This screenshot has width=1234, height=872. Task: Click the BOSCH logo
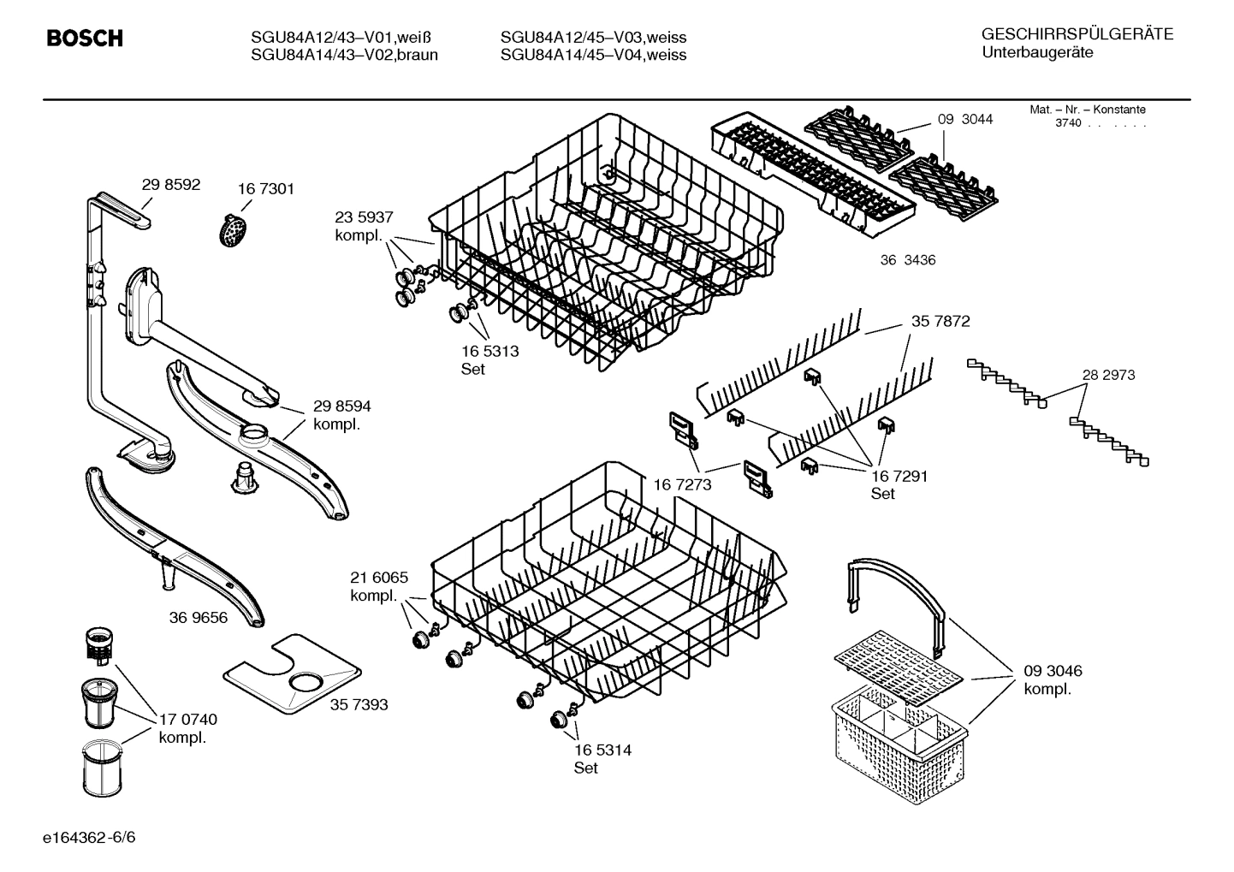tap(84, 39)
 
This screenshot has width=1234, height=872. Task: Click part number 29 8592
tap(170, 184)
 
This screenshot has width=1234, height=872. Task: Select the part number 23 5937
tap(364, 217)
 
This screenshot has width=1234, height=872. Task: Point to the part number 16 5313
tap(489, 351)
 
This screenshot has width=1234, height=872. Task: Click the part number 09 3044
tap(964, 120)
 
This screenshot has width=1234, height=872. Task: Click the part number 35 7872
tap(940, 322)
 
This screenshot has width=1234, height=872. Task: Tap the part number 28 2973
tap(1107, 375)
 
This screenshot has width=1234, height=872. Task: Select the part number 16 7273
tap(682, 485)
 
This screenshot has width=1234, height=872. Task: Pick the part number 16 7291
tap(899, 476)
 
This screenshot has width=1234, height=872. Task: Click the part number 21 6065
tap(379, 578)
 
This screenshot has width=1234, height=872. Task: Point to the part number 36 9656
tap(199, 617)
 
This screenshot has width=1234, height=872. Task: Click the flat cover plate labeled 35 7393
tap(291, 676)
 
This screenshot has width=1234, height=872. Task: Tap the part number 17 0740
tap(188, 720)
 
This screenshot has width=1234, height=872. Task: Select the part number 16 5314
tap(602, 750)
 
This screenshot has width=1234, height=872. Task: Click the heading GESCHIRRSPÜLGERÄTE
tap(1077, 35)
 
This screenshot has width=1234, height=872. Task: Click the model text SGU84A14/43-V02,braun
tap(344, 56)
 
